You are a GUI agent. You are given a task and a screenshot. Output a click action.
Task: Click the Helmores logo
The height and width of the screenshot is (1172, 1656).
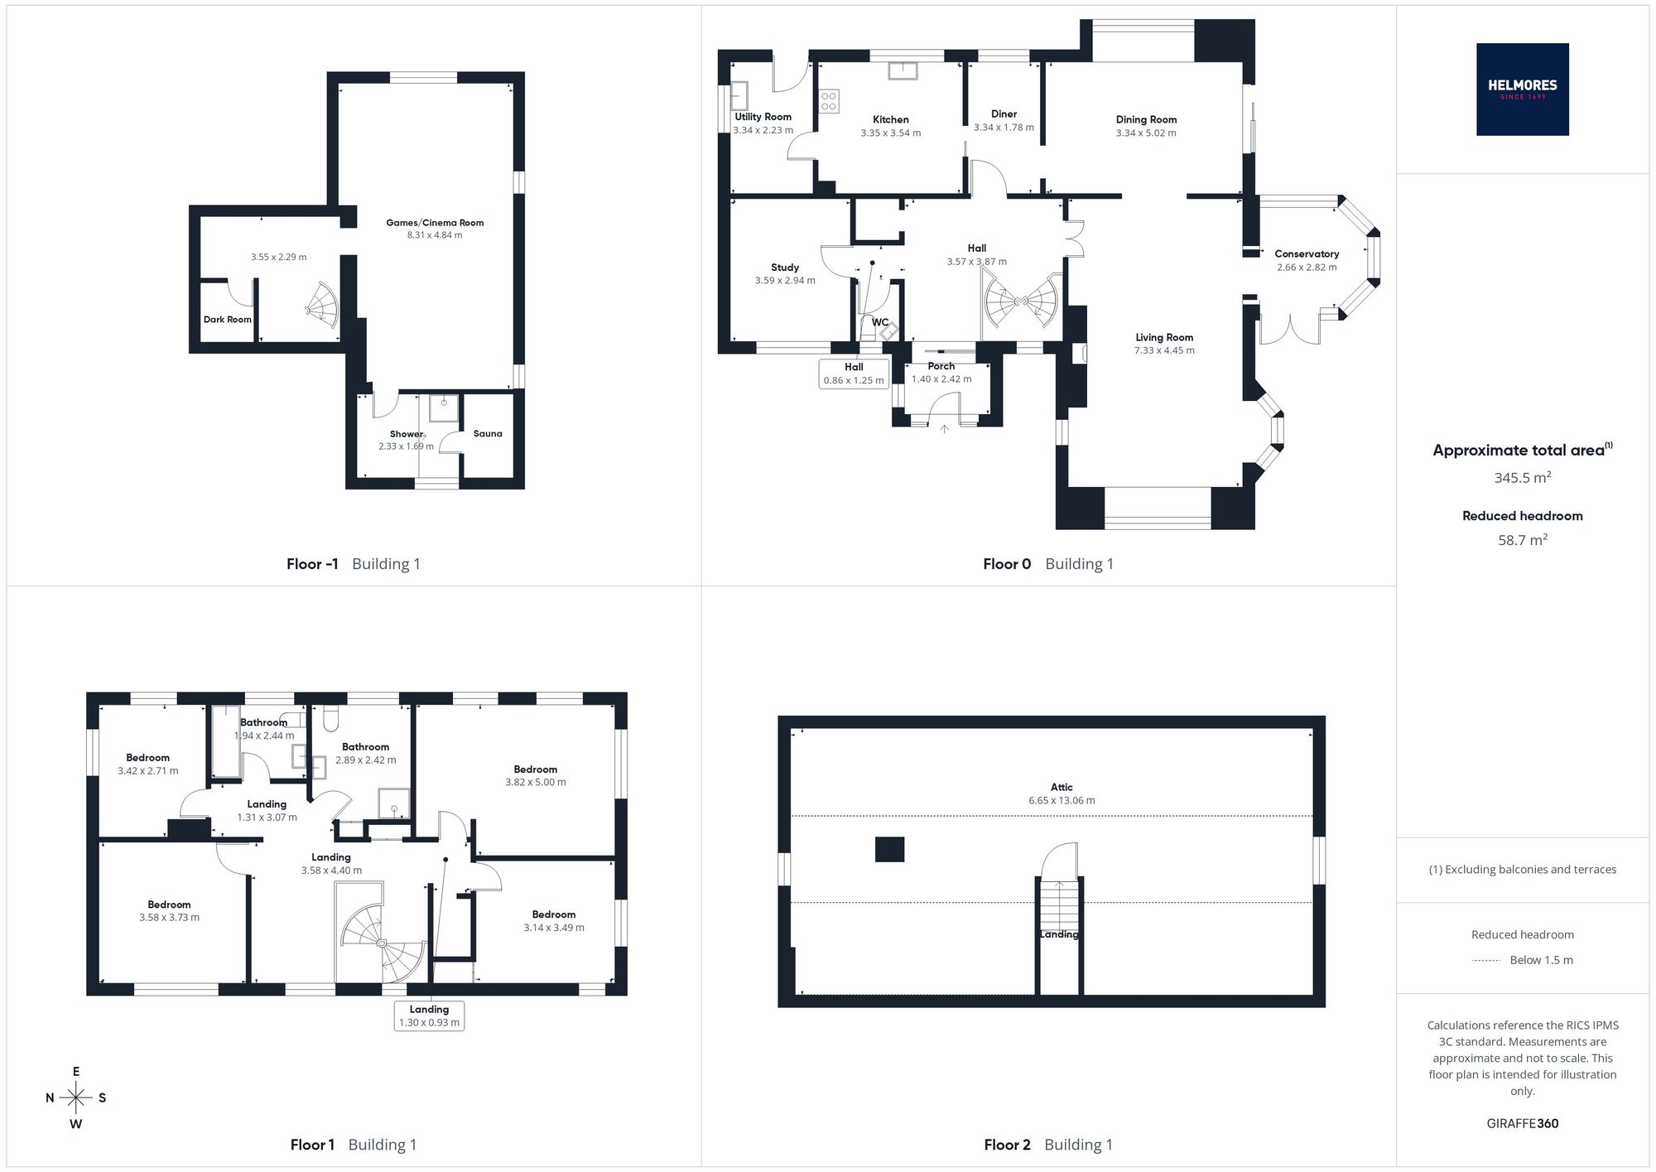point(1522,89)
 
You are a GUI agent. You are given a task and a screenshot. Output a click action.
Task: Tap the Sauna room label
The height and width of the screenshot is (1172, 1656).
point(488,433)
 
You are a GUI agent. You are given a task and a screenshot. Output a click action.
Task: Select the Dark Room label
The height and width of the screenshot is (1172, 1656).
point(228,319)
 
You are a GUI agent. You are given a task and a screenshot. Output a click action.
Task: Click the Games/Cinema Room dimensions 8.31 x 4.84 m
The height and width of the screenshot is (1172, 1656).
point(435,235)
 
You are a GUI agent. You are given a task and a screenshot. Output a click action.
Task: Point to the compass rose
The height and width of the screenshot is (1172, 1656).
point(76,1098)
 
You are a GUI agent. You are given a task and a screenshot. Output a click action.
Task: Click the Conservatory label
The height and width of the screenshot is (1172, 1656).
point(1307,254)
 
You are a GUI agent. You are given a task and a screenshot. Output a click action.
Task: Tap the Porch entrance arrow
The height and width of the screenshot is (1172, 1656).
point(944,428)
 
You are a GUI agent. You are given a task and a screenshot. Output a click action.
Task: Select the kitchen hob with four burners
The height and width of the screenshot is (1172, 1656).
point(829,102)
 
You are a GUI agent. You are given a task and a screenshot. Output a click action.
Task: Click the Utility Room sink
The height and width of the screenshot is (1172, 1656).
point(739,96)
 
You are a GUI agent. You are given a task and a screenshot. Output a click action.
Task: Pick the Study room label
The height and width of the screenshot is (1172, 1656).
point(785,268)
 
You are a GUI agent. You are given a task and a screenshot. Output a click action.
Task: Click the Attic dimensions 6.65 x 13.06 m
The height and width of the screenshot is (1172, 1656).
point(1061,801)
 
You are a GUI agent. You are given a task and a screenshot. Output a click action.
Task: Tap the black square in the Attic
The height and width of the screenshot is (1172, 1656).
point(889,850)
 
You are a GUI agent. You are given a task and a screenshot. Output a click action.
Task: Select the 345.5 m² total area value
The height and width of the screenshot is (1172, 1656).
point(1522,478)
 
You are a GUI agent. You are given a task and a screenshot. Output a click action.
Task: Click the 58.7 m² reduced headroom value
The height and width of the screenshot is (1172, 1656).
point(1523,540)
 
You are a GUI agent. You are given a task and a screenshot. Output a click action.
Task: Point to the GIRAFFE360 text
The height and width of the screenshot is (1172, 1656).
point(1522,1124)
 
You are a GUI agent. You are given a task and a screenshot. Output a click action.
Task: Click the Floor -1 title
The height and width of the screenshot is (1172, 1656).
point(312,564)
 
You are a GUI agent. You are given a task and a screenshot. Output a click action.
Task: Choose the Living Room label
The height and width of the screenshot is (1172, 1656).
point(1164,337)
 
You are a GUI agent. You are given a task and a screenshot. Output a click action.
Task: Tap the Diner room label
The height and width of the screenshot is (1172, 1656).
point(1004,114)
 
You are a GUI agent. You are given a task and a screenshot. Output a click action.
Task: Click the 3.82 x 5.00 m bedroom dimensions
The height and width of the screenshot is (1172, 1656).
point(536,783)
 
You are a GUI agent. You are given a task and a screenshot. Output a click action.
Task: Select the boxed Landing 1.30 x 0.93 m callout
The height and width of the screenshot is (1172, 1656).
point(429,1015)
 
